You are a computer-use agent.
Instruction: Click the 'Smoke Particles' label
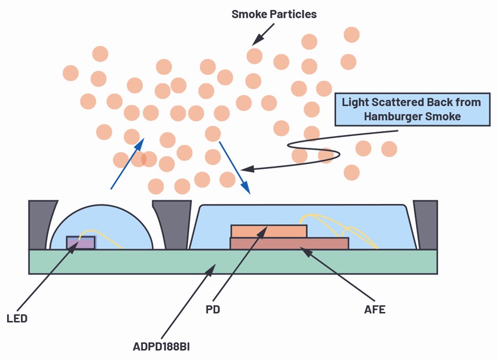click(x=274, y=14)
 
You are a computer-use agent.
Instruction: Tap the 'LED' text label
click(x=17, y=319)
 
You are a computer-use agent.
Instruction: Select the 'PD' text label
click(x=213, y=309)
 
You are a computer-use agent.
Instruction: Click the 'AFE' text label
click(x=375, y=309)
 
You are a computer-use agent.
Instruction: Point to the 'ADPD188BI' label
click(x=162, y=346)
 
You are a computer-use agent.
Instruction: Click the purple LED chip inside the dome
click(x=81, y=243)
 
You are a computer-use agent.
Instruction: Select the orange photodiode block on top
click(x=269, y=231)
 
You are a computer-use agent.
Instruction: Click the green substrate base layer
click(x=233, y=262)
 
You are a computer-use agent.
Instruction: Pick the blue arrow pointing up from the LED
click(x=127, y=164)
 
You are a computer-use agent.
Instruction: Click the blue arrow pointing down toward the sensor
click(x=235, y=168)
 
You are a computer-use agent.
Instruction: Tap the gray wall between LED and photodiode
click(x=173, y=224)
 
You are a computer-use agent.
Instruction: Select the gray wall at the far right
click(x=426, y=225)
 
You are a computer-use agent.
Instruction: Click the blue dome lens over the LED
click(x=102, y=222)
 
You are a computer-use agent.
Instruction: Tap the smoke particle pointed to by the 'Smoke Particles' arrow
click(x=255, y=56)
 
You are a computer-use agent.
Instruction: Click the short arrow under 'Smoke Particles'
click(x=263, y=34)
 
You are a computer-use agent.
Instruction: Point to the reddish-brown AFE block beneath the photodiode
click(x=289, y=243)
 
